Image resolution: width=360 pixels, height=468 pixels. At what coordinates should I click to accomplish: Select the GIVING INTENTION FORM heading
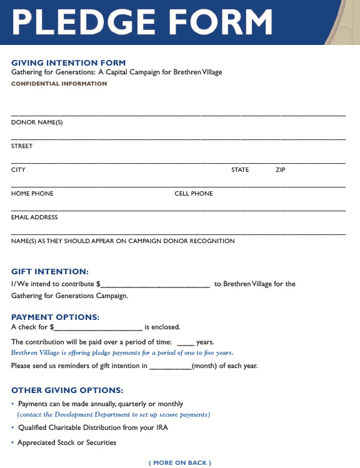[69, 62]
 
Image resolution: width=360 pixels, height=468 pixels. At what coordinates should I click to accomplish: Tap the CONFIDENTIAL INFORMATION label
[59, 84]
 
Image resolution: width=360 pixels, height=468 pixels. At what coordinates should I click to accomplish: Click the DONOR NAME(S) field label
[37, 122]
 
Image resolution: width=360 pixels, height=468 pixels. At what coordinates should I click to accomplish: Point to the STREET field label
[22, 146]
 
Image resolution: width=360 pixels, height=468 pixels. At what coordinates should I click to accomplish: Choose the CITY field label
[18, 170]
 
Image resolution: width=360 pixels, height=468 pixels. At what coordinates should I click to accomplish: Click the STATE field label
[240, 170]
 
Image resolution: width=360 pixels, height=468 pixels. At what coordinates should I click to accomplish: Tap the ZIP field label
[280, 170]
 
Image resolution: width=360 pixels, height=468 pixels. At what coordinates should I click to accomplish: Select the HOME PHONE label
[32, 194]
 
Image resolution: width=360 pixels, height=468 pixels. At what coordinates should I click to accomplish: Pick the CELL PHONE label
[194, 194]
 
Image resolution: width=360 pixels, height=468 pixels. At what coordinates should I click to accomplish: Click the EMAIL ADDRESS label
[34, 217]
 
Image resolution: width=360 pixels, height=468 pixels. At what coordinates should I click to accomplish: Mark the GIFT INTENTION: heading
[50, 272]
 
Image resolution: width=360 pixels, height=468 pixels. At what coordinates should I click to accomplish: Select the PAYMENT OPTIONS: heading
[55, 317]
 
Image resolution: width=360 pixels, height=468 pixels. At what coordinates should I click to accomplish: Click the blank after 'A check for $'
[99, 328]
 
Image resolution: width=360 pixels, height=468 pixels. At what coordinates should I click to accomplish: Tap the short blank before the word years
[186, 343]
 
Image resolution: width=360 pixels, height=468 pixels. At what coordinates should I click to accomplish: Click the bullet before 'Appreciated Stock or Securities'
[13, 443]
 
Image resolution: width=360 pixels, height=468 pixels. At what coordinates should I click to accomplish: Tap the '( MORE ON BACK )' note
[180, 463]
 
